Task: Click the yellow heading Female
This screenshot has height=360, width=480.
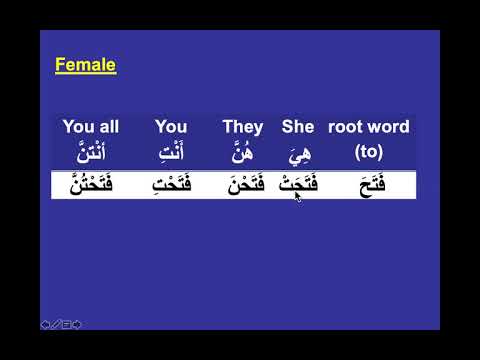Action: [x=85, y=66]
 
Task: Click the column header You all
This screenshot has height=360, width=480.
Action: [x=91, y=127]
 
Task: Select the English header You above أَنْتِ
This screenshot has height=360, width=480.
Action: [x=171, y=127]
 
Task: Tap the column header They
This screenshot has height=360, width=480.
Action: [x=243, y=127]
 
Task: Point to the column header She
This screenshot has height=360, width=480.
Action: [x=298, y=127]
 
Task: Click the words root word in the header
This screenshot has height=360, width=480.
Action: [x=369, y=127]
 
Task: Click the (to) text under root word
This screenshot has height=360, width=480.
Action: [x=369, y=152]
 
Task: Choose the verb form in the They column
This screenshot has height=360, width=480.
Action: [x=244, y=185]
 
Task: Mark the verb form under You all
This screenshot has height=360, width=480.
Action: [x=92, y=185]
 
